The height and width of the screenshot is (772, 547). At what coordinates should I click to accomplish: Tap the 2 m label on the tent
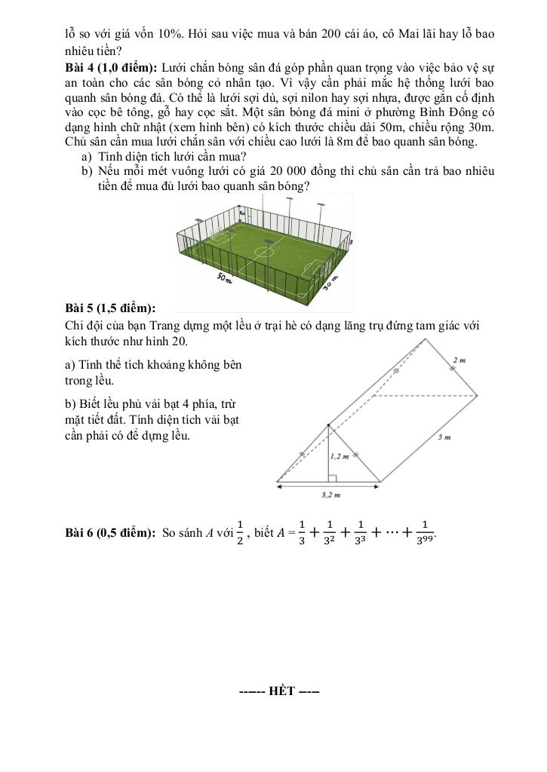coord(459,360)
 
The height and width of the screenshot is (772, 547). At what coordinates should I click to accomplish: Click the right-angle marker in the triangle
coord(330,476)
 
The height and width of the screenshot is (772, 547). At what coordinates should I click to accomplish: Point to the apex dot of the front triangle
coord(327,424)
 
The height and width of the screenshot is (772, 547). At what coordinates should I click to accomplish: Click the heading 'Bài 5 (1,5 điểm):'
coord(111,308)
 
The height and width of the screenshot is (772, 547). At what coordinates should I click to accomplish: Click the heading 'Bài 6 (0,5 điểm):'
coord(111,534)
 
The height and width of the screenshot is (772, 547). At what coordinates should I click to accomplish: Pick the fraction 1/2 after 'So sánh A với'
coord(239,532)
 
